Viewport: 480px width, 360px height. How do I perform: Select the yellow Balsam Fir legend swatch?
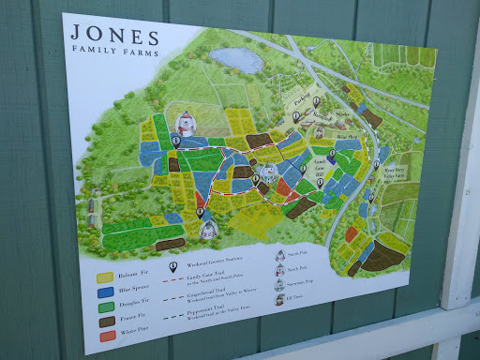coord(106,277)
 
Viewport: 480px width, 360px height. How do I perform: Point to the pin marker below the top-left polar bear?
coord(175,141)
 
